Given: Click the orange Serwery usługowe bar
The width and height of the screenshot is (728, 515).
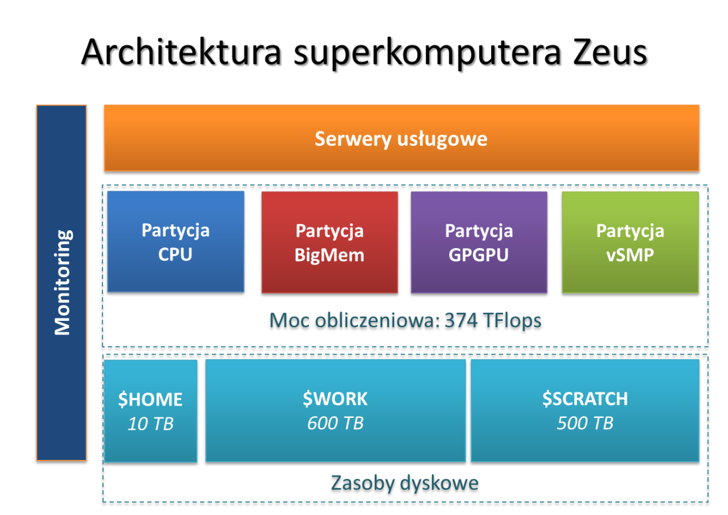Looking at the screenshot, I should tap(401, 139).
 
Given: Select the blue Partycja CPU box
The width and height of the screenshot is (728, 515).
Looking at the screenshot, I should tap(176, 242).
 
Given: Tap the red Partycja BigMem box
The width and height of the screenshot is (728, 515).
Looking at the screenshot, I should tap(330, 242).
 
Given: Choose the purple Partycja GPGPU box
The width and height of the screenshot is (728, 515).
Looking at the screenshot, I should tap(479, 242).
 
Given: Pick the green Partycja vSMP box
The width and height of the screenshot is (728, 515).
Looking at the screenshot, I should tap(630, 242).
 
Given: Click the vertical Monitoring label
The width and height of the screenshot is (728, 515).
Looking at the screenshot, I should tap(62, 282).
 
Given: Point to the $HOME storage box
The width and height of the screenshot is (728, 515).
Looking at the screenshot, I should tap(150, 410).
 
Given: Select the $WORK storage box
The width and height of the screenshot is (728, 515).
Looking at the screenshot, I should tap(336, 410).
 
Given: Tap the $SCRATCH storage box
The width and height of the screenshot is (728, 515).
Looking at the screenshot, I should tap(585, 410).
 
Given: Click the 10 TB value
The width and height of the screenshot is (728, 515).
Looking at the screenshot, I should tap(150, 424).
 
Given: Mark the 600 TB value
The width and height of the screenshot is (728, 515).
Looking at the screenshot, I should tap(336, 424).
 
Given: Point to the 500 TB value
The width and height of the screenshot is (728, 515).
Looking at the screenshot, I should tap(585, 424).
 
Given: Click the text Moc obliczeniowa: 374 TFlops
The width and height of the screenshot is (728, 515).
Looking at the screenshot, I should tap(405, 321).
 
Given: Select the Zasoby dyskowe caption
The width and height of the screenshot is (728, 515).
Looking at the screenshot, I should tap(405, 483).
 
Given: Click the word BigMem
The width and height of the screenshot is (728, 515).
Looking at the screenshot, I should tap(330, 255).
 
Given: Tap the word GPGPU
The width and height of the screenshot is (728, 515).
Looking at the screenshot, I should tap(479, 255).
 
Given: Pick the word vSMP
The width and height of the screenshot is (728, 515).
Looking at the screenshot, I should tap(630, 255).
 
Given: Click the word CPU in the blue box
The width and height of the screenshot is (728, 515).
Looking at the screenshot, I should tap(176, 255).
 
